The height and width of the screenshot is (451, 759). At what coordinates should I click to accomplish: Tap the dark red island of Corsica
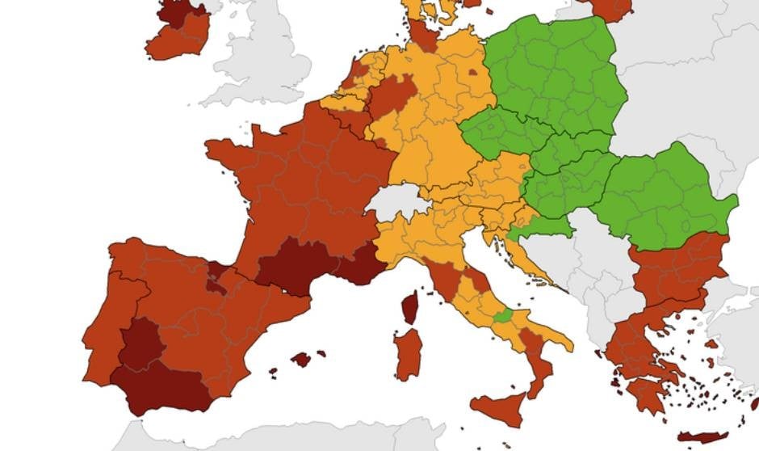pyautogui.click(x=410, y=308)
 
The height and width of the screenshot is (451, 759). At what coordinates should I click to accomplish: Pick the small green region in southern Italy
pyautogui.click(x=502, y=315)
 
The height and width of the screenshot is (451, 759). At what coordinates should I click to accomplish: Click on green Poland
pyautogui.click(x=557, y=73)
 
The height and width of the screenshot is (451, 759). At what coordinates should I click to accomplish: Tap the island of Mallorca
pyautogui.click(x=300, y=359)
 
